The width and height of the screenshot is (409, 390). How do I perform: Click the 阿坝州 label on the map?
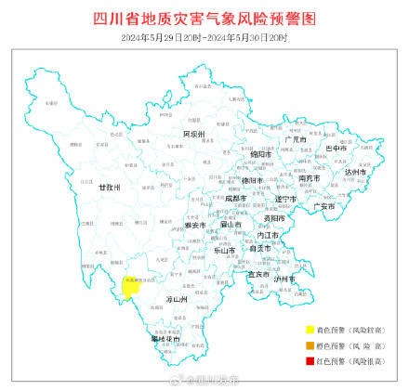(193, 135)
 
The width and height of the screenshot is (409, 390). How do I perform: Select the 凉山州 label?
(177, 300)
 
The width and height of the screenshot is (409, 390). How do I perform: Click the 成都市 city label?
(236, 198)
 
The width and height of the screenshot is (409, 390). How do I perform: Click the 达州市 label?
(355, 172)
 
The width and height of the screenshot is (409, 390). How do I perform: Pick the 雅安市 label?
(193, 225)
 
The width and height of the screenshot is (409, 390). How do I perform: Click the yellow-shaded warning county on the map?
(130, 287)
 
